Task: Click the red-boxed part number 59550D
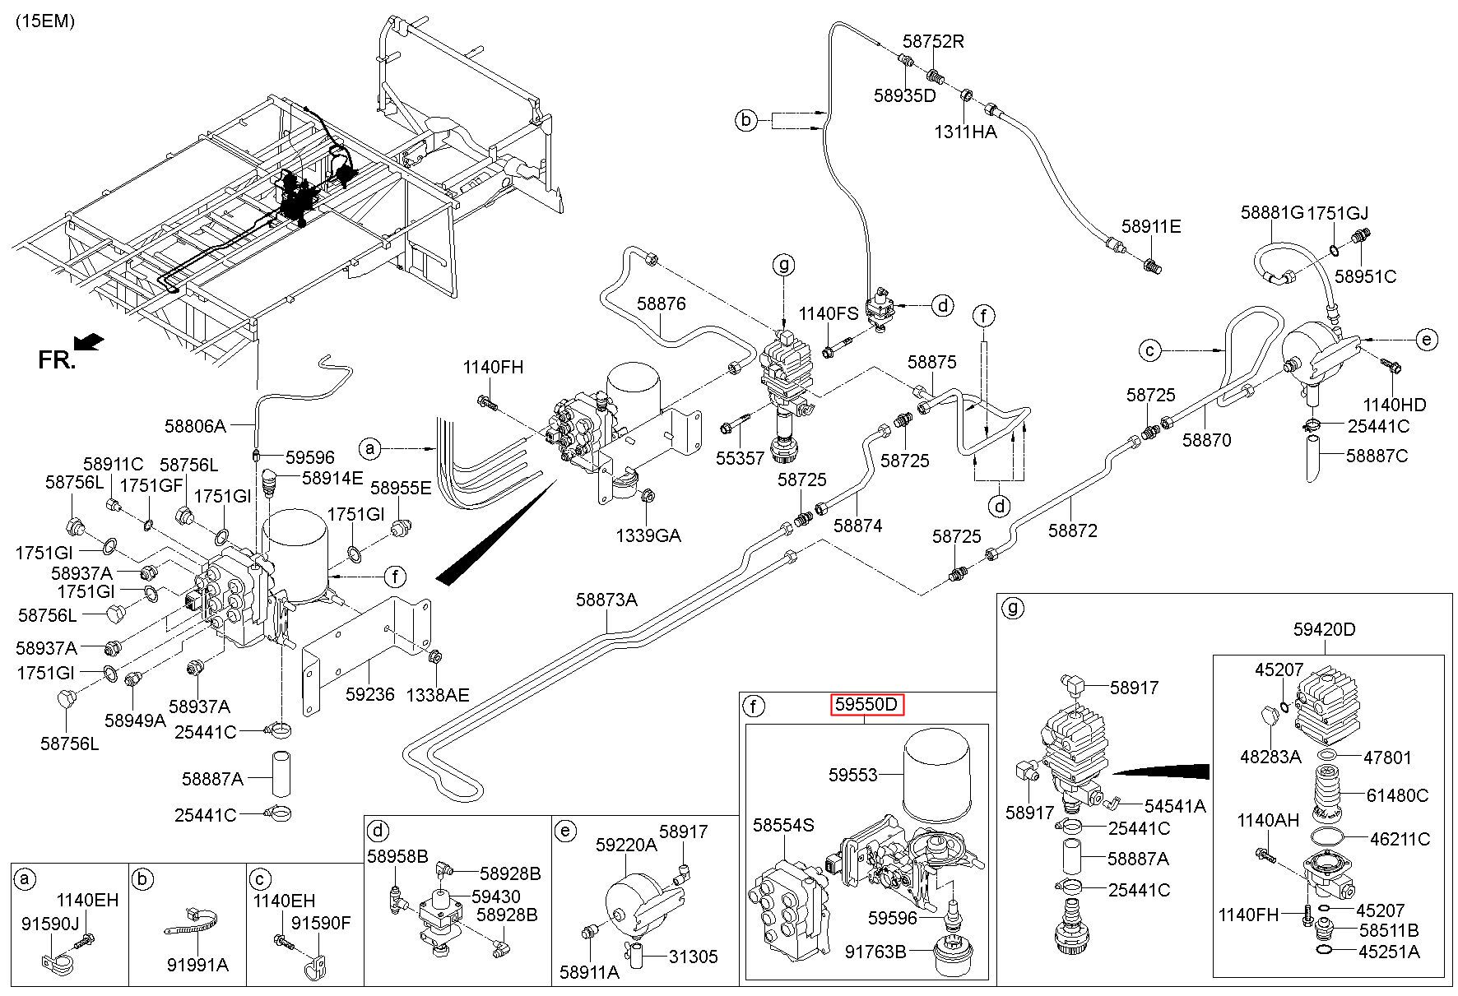[866, 705]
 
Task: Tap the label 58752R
[932, 41]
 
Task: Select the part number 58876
[661, 304]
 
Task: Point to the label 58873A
[606, 600]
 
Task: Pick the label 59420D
[1324, 630]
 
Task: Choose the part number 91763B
[875, 952]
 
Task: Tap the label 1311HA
[965, 132]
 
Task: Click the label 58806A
[195, 426]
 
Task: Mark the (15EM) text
[45, 22]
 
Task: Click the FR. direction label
[57, 359]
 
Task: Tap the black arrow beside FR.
[89, 340]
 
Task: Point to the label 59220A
[626, 844]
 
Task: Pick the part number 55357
[740, 458]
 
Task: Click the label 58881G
[1272, 213]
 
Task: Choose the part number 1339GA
[648, 536]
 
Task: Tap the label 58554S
[783, 825]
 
